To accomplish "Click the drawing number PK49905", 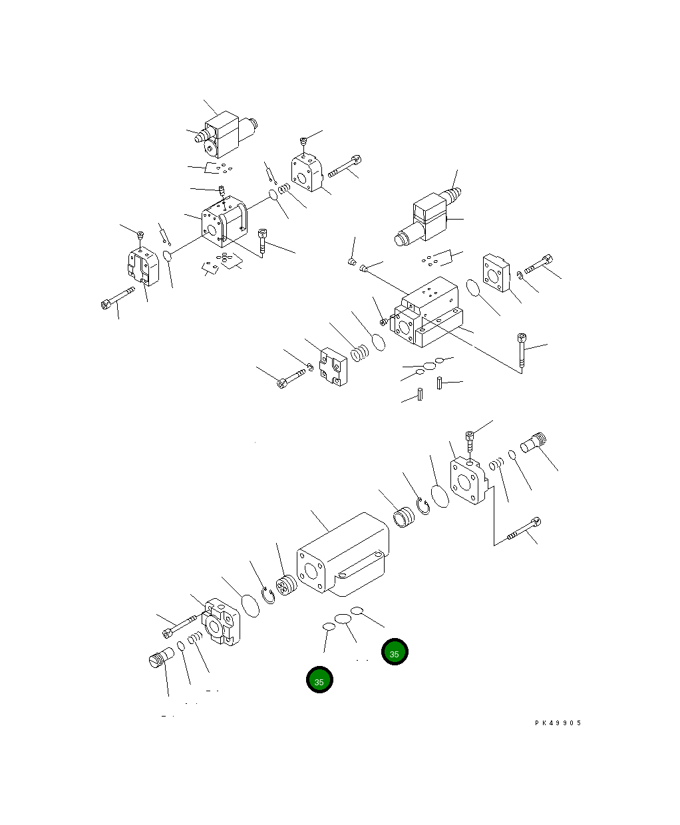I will (558, 723).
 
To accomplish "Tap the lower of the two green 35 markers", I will (319, 681).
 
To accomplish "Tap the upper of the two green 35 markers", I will (395, 653).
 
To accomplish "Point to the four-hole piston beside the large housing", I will (287, 585).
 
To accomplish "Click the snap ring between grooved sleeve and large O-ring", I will (423, 506).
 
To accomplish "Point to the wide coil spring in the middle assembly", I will (360, 353).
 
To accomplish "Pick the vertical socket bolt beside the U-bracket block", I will (263, 242).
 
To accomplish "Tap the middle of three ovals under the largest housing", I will (343, 619).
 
